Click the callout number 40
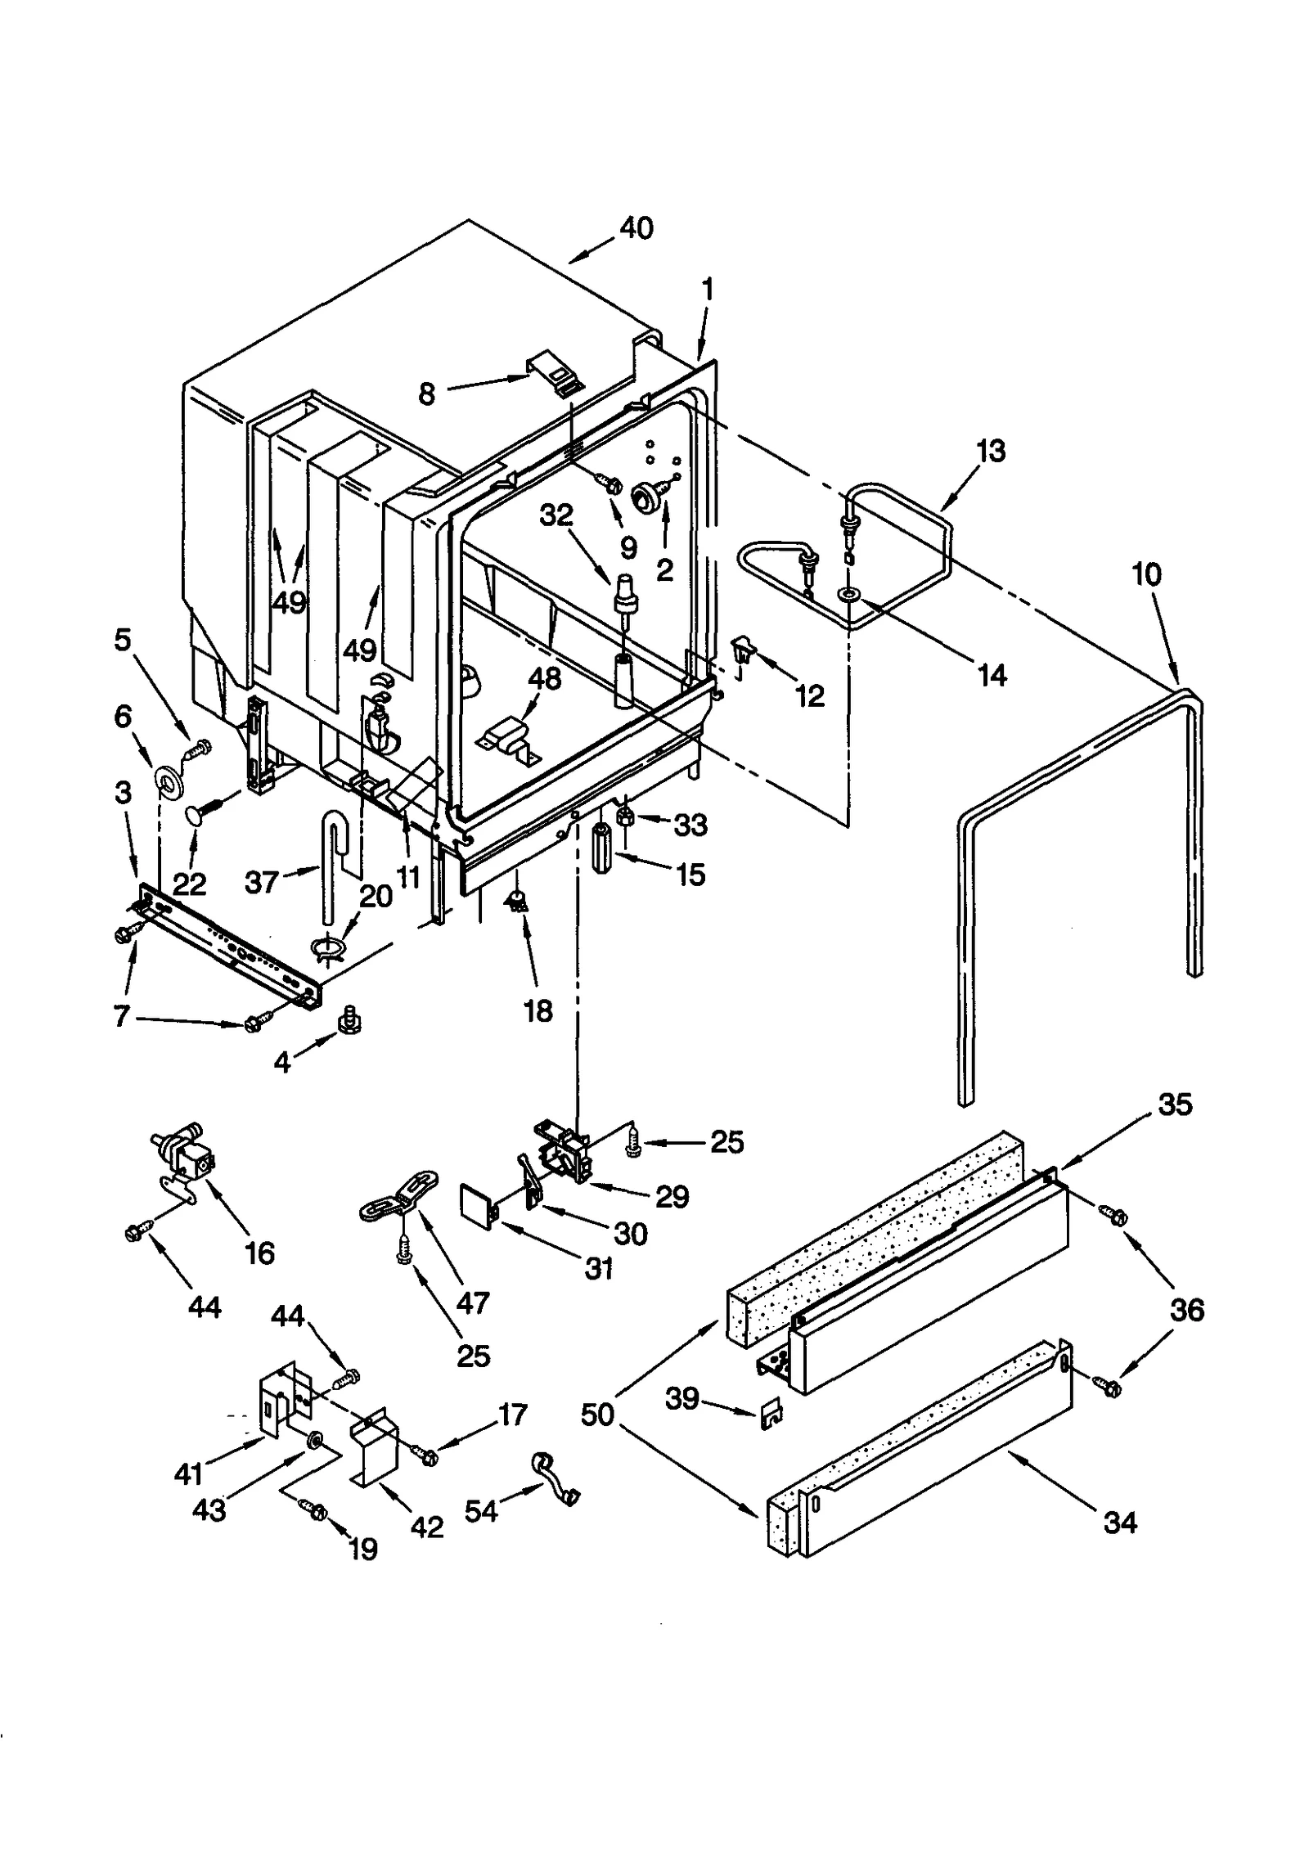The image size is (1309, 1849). click(636, 227)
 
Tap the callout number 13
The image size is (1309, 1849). click(991, 451)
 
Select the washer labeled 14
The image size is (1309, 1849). click(848, 592)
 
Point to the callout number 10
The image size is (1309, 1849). click(1146, 575)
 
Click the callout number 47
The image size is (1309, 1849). click(472, 1302)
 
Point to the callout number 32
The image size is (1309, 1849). click(556, 515)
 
